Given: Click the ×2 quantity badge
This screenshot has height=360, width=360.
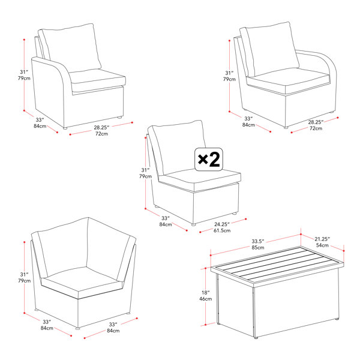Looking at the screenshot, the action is click(209, 160).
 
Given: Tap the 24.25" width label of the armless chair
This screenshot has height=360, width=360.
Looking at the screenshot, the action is click(222, 224).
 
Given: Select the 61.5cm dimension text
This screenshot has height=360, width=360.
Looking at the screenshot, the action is click(222, 230).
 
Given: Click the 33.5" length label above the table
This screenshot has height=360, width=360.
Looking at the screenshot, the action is click(258, 241).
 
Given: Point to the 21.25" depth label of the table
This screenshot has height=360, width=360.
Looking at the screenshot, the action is click(322, 239).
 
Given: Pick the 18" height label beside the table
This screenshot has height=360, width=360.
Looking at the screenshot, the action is click(205, 293).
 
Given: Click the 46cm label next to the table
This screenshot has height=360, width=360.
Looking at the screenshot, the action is click(205, 299).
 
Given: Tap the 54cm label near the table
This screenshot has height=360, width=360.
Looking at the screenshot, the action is click(322, 245).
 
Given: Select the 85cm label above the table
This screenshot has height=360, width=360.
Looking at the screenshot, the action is click(258, 247).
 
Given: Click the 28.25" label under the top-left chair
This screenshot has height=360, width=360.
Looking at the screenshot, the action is click(101, 127).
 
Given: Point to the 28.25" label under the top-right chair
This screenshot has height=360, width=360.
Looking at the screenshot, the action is click(316, 122).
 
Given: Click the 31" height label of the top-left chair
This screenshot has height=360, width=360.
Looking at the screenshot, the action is click(24, 72).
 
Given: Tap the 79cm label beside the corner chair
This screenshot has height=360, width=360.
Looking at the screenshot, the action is click(25, 281).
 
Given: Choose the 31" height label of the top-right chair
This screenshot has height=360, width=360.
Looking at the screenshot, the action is click(229, 73).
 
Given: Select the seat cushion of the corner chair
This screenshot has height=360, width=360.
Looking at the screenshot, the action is click(82, 282).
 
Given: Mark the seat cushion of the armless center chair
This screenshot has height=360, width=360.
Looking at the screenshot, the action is click(200, 179).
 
